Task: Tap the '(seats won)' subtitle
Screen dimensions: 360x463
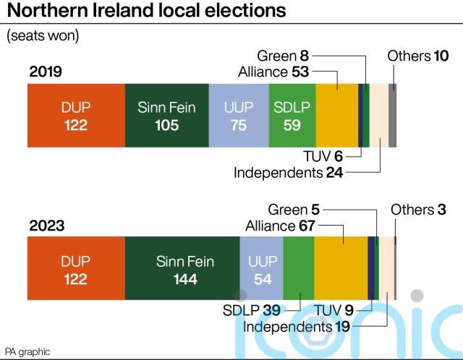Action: tap(43, 35)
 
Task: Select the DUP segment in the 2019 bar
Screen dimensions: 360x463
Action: tap(75, 116)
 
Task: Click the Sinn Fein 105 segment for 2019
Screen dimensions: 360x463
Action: tap(166, 116)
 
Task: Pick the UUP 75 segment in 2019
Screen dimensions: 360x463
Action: tap(238, 116)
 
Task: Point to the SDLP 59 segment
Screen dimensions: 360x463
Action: tap(292, 116)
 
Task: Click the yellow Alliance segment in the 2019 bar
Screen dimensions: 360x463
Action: tap(336, 116)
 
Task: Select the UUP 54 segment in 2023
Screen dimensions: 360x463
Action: tap(261, 268)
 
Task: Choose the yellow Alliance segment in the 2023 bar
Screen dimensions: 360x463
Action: tap(341, 268)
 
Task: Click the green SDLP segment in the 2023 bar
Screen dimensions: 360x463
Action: tap(298, 268)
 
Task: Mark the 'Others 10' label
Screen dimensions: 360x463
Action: tap(418, 56)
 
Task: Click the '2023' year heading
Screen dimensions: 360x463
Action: tap(47, 226)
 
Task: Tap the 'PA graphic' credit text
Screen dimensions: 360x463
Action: tap(28, 352)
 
